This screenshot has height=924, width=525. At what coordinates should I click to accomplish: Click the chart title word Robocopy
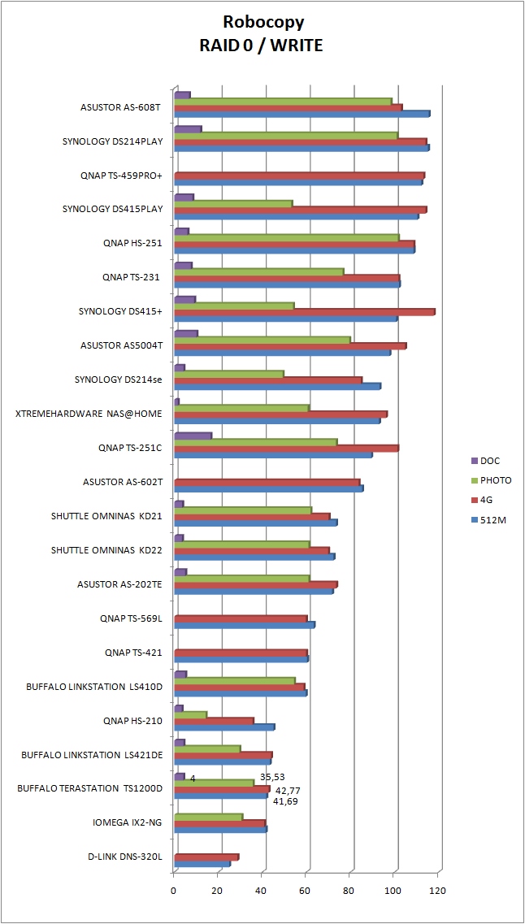(x=262, y=24)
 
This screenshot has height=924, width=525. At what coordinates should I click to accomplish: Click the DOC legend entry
(x=490, y=461)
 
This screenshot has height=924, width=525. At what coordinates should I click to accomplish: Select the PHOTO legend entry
(x=496, y=480)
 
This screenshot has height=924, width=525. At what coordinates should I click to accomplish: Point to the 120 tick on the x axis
(x=437, y=891)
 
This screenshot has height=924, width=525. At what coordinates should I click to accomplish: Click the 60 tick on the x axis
(x=306, y=891)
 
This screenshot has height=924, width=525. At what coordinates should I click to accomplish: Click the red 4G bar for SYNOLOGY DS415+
(x=305, y=311)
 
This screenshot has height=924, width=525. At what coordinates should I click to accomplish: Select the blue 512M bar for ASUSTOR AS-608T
(x=302, y=114)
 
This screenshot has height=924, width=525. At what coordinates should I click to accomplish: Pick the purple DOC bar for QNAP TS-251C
(x=193, y=436)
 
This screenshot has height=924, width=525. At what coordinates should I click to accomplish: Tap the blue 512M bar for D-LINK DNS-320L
(x=202, y=863)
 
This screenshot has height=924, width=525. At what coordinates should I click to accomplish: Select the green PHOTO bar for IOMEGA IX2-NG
(x=209, y=817)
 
